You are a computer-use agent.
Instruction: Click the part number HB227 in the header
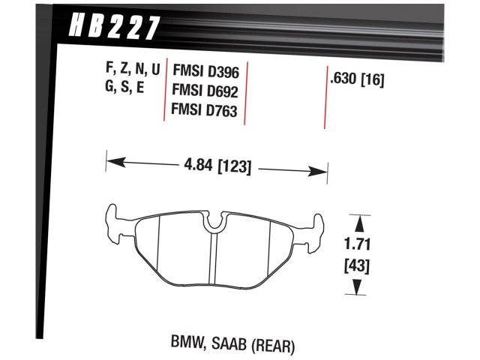click(x=114, y=28)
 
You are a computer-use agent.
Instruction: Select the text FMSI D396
click(x=205, y=71)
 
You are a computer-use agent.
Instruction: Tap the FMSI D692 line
click(x=205, y=91)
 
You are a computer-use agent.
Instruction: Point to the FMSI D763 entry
click(x=205, y=112)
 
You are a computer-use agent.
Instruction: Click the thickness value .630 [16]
click(x=357, y=79)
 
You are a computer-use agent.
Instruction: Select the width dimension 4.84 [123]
click(x=217, y=164)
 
